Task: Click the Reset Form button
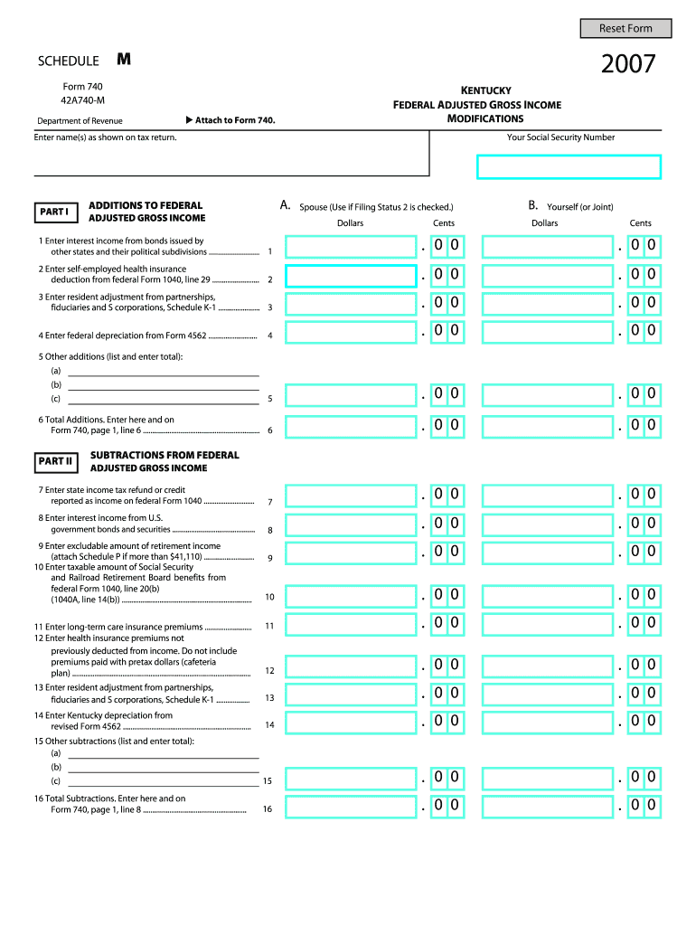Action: pos(625,28)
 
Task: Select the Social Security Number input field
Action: pos(569,167)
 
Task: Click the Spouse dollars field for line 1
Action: pos(351,247)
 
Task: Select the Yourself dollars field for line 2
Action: pos(548,275)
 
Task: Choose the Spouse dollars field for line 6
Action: pos(351,425)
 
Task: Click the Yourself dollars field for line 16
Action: pos(548,806)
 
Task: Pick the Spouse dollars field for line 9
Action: pos(351,552)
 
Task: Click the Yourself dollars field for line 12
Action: pos(548,666)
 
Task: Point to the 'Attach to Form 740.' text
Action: pos(230,120)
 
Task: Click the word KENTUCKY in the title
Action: pos(486,90)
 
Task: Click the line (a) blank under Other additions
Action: pos(164,371)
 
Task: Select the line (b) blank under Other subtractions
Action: pos(164,767)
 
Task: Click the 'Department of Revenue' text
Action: pos(80,121)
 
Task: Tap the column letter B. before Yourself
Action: pos(533,206)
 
